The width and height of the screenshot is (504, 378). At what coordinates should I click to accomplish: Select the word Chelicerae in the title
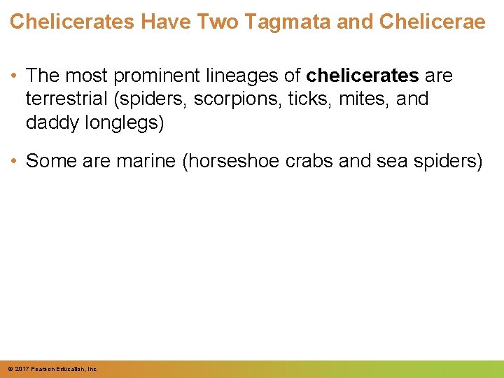432,22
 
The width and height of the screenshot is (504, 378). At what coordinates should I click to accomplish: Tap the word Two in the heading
217,22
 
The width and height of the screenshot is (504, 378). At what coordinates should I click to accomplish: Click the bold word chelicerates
363,75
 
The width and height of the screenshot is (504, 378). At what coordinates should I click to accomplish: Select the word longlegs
122,122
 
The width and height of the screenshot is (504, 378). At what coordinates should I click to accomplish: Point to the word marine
146,161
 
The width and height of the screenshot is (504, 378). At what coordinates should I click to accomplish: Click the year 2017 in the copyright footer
21,369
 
